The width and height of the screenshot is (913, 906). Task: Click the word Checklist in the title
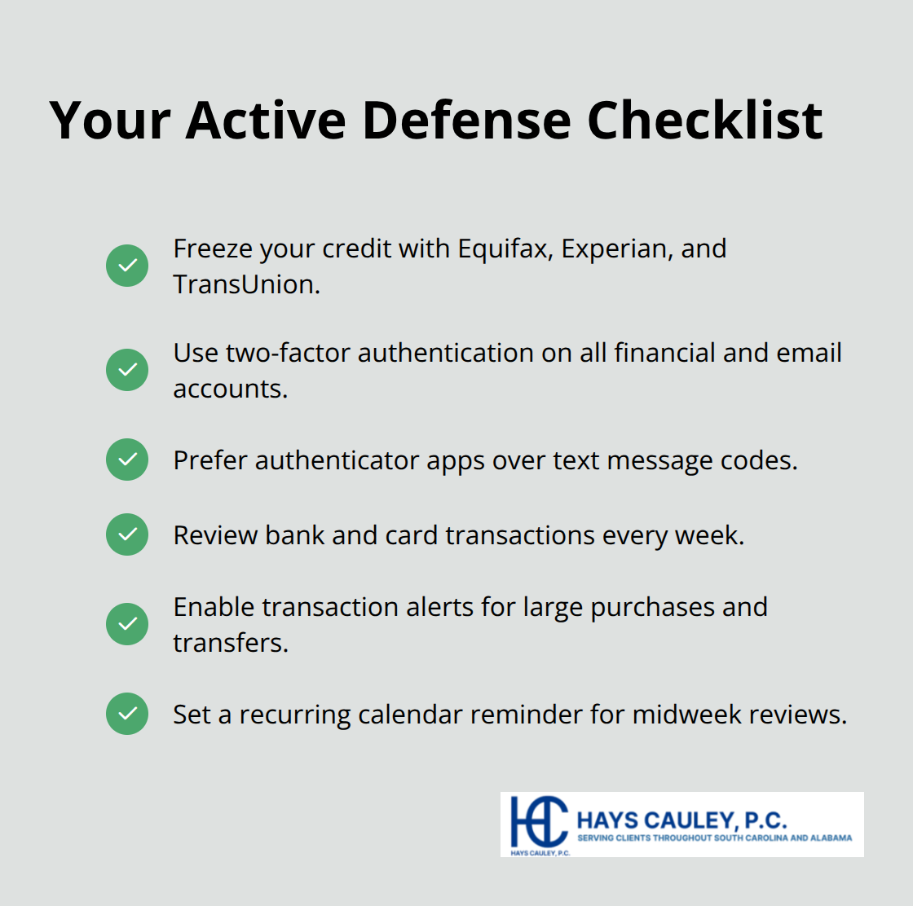[x=704, y=121]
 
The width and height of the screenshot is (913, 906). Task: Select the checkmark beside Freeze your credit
[x=127, y=266]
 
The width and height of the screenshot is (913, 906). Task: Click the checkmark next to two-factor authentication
[x=127, y=370]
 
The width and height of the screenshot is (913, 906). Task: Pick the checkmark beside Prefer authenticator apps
[x=127, y=460]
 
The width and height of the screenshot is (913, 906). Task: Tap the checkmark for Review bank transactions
[x=127, y=534]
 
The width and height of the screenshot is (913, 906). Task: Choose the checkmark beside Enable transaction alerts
[x=127, y=624]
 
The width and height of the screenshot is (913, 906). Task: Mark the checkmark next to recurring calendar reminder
[x=127, y=714]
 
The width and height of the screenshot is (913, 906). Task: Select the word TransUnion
[x=245, y=284]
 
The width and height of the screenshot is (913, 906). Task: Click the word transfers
[x=229, y=643]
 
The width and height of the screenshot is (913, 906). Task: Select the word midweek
[x=686, y=715]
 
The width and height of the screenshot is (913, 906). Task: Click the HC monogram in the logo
[x=538, y=821]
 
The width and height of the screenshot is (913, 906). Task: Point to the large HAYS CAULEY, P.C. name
[x=681, y=820]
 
